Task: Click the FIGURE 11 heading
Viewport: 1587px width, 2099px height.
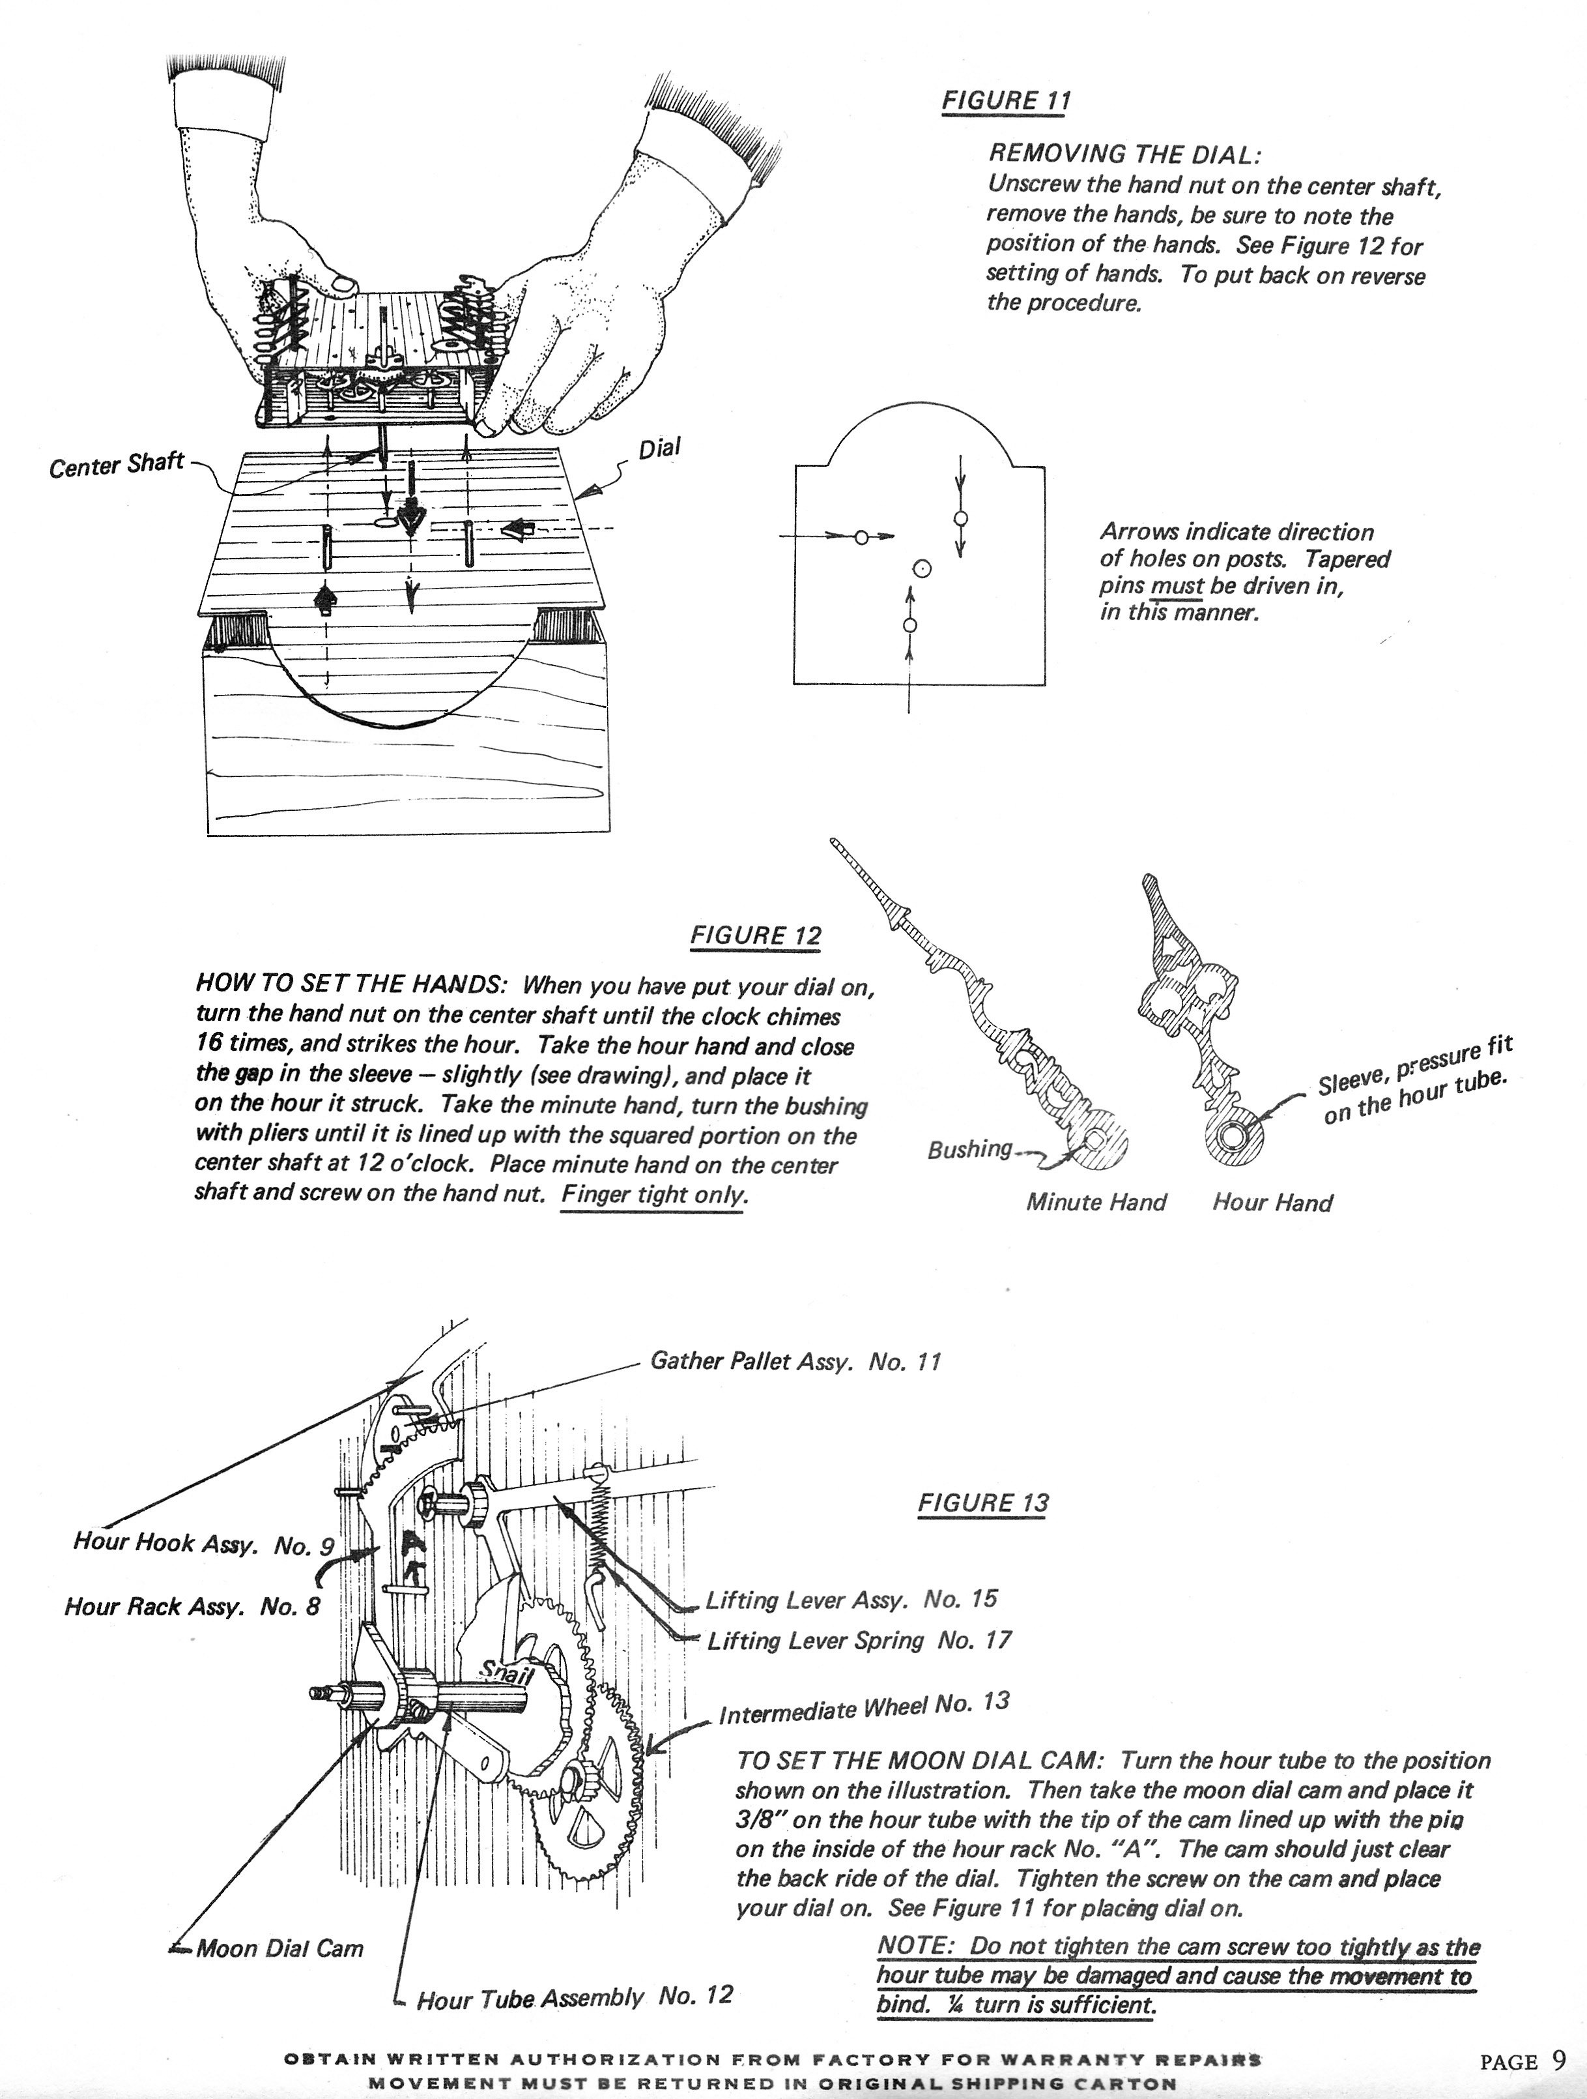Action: point(1005,100)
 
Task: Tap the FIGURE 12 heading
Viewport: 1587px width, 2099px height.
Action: point(755,935)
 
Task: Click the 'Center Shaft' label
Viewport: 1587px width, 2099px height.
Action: point(116,466)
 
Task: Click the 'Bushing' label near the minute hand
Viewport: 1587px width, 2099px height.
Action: point(969,1149)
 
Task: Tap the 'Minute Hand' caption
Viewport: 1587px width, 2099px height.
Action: point(1096,1202)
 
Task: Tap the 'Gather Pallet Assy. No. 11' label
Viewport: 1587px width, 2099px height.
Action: point(795,1362)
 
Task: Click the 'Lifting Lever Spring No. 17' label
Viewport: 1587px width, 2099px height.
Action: point(859,1641)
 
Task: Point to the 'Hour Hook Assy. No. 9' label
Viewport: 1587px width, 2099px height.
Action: point(204,1544)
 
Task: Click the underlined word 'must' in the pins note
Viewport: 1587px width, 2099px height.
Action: point(1177,585)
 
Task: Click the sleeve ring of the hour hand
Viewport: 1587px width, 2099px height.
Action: point(1233,1135)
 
